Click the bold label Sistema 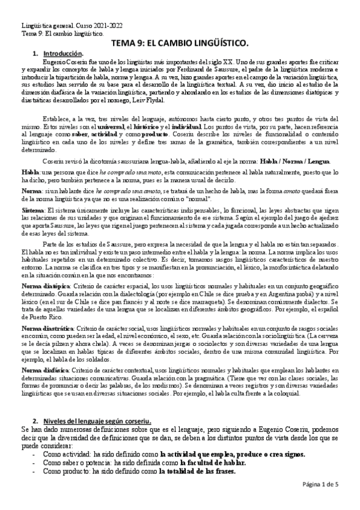(x=32, y=207)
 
